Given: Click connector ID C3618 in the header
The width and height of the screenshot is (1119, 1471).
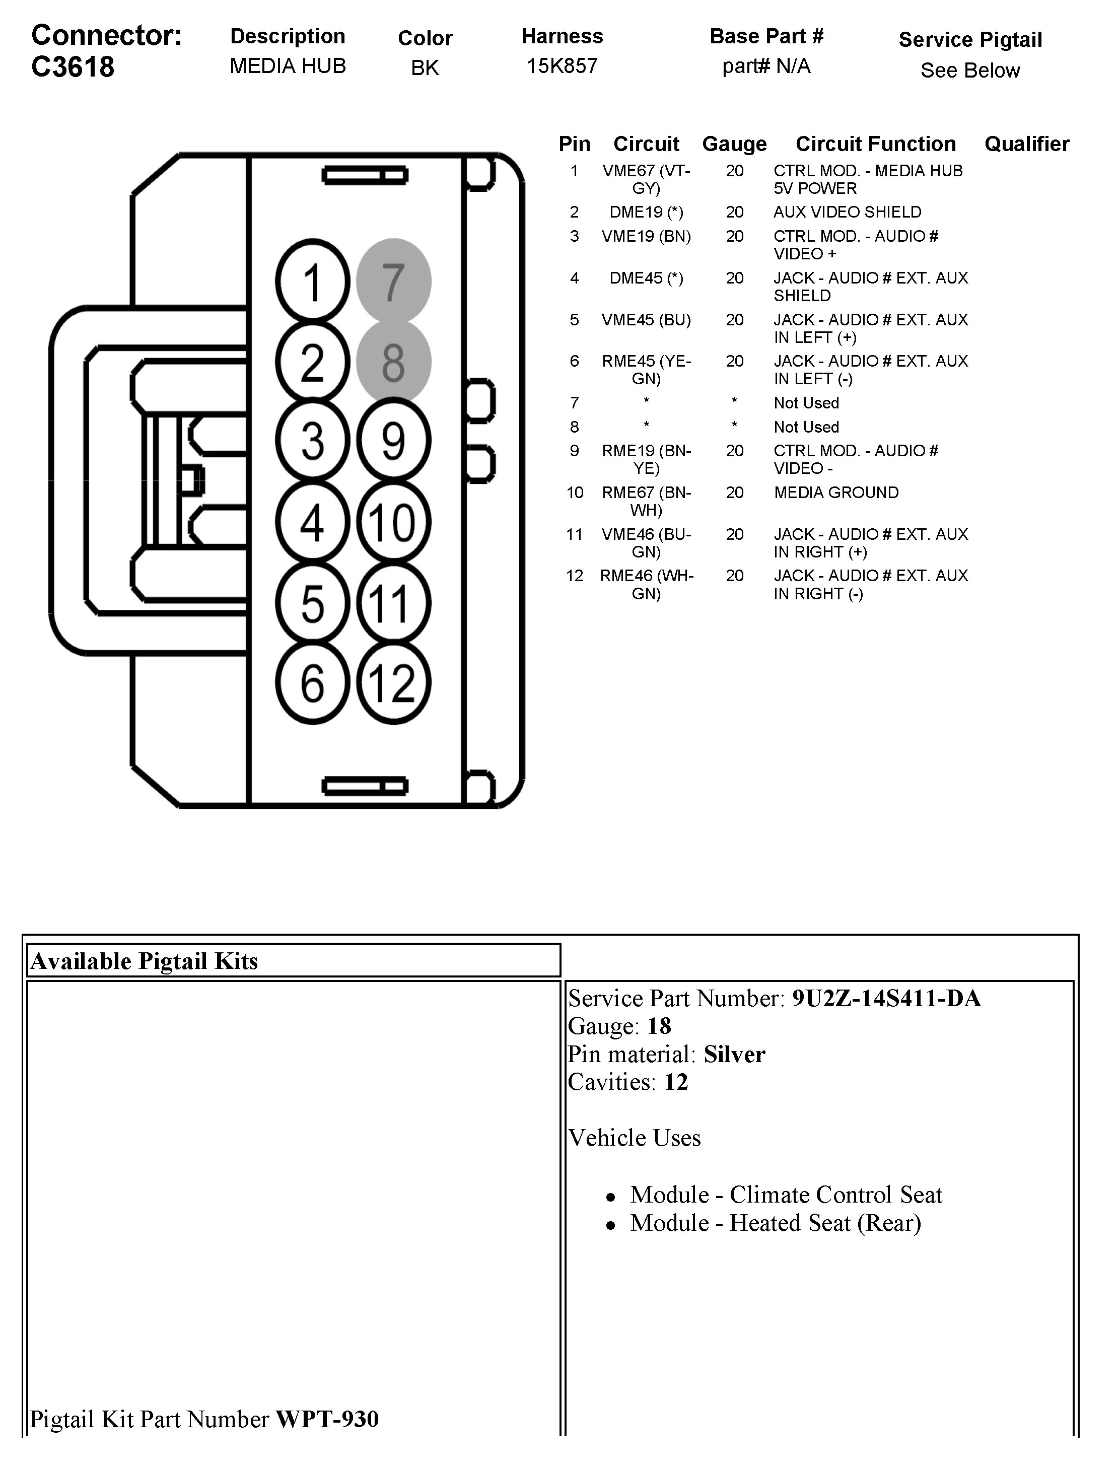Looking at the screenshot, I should click(x=73, y=67).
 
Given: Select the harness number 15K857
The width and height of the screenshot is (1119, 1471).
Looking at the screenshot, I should click(x=562, y=66).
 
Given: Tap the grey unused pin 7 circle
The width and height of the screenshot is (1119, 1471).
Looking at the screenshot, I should click(x=393, y=281).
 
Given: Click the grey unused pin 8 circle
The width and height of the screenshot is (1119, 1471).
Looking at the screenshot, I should click(x=393, y=362).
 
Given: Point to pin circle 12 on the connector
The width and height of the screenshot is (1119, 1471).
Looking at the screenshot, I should click(x=393, y=683).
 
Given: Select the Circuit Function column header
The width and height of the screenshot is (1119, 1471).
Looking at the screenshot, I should click(x=875, y=144).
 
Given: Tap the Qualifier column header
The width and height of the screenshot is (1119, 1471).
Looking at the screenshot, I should click(x=1026, y=144).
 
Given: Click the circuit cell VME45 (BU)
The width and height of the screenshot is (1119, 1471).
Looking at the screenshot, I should click(x=646, y=320).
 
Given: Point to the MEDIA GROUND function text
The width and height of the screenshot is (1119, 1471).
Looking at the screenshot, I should click(x=836, y=493).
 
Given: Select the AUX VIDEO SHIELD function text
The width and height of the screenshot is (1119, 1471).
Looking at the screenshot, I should click(x=847, y=212).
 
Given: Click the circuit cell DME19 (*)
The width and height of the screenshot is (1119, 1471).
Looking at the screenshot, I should click(x=646, y=212).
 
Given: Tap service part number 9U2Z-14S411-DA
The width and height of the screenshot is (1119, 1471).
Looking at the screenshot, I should click(x=886, y=998).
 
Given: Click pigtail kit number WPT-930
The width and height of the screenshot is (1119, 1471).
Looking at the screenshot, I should click(x=327, y=1419).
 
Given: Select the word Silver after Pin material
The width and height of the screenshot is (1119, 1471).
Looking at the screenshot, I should click(x=734, y=1054).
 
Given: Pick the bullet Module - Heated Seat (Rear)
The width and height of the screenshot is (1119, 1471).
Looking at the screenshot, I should click(x=776, y=1223).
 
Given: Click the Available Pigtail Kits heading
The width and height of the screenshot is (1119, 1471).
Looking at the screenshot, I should click(x=145, y=961).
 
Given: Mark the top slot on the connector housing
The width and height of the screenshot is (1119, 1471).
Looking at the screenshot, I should click(x=365, y=176).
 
